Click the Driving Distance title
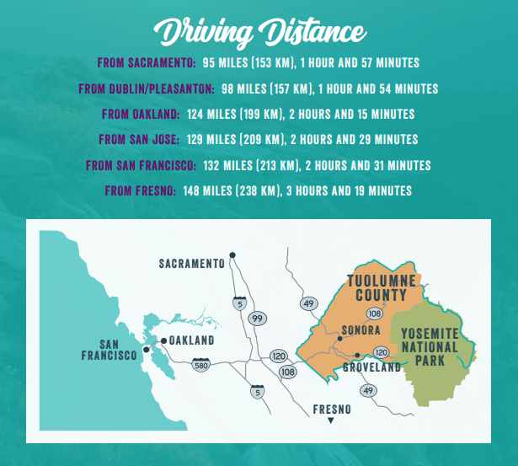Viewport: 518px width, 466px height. [258, 32]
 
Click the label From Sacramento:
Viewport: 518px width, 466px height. [147, 63]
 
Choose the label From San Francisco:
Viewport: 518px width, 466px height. [142, 165]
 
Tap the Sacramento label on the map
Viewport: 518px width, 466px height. [192, 264]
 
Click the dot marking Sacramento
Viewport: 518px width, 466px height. [232, 255]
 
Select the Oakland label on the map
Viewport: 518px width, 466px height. [192, 340]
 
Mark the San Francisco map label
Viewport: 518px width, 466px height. [109, 350]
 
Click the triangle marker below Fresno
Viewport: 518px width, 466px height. [330, 420]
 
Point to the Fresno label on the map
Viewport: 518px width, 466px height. [331, 410]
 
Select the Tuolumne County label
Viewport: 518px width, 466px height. [377, 288]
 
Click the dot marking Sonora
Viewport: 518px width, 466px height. [339, 338]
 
